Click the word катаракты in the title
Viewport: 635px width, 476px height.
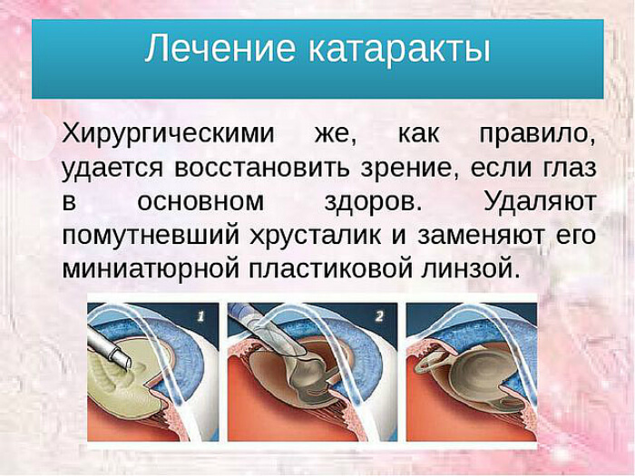[x=396, y=49]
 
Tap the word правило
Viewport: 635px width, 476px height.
[x=536, y=133]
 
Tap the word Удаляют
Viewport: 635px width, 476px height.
[x=540, y=200]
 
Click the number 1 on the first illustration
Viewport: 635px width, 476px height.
[x=200, y=316]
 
